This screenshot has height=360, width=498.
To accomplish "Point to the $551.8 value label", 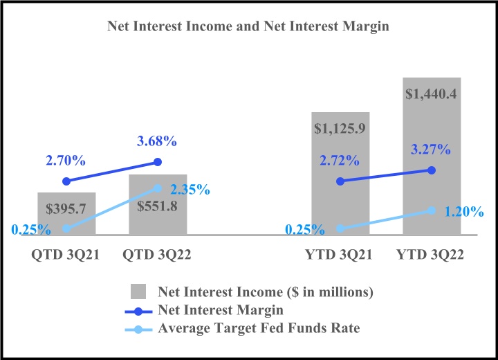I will (x=158, y=206).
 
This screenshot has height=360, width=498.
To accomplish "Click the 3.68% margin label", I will (x=156, y=141).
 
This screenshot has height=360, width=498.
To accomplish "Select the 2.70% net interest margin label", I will (x=66, y=161).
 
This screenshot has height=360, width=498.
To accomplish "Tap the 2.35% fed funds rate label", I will (x=189, y=189).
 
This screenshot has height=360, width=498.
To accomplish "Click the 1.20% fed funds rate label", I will (x=463, y=212).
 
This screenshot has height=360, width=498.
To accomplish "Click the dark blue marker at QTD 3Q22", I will (x=158, y=162).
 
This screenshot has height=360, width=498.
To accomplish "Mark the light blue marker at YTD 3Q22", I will (x=432, y=210).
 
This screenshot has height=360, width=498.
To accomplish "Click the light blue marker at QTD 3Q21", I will (x=66, y=228).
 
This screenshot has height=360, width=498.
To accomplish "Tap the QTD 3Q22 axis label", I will (x=157, y=255).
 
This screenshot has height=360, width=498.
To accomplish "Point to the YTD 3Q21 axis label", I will (x=339, y=255).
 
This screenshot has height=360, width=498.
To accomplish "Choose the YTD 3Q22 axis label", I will (x=430, y=255).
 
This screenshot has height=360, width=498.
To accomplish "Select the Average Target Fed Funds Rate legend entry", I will (x=259, y=327).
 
